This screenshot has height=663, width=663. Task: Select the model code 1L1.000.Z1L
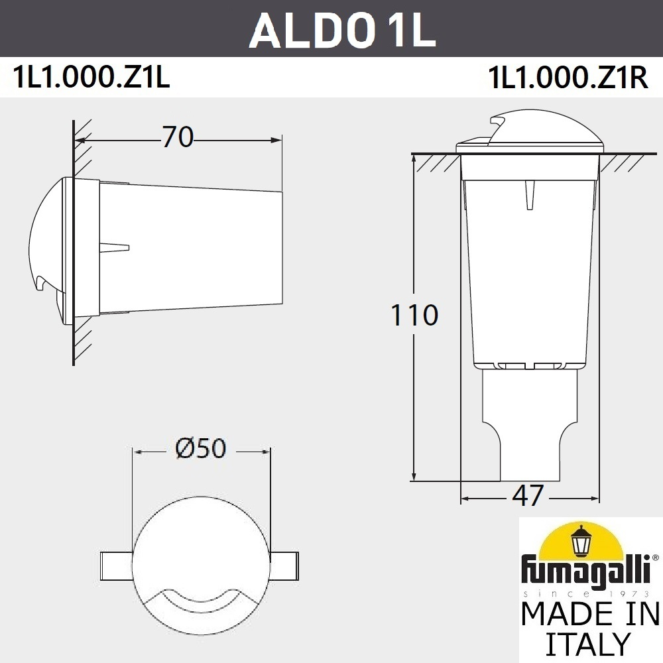pos(92,79)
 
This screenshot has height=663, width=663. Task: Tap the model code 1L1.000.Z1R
pos(567,79)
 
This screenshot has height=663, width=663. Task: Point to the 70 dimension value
pos(177,137)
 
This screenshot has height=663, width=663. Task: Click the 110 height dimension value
pos(414,316)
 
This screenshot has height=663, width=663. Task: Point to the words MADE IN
pos(589,613)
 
